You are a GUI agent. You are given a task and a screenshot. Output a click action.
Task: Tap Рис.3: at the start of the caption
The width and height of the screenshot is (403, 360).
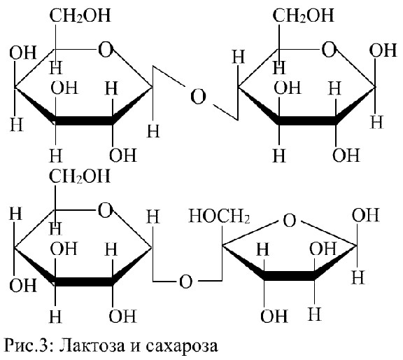point(29,345)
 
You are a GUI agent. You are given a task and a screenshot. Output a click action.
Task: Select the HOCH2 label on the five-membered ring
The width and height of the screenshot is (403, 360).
point(219,216)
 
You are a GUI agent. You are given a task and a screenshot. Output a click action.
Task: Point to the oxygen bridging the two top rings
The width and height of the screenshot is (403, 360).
point(198,97)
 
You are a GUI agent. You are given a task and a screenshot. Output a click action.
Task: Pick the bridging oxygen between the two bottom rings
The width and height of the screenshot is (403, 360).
point(185,282)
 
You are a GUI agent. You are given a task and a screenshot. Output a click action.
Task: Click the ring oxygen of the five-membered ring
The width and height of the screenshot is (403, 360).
point(290,221)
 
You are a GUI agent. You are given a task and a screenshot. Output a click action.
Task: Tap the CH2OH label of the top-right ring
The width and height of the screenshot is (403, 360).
point(303,15)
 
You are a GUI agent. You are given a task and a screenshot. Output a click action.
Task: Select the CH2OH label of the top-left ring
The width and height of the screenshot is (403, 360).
point(80,15)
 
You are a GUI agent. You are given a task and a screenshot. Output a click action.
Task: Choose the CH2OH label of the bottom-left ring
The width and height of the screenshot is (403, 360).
point(80,176)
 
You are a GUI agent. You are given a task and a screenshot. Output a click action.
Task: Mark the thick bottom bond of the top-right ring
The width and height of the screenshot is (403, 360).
point(307,120)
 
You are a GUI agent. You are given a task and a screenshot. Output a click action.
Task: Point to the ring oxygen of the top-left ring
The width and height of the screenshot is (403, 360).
point(106,50)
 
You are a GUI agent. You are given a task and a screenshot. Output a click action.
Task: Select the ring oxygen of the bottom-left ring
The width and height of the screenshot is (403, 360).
point(106,211)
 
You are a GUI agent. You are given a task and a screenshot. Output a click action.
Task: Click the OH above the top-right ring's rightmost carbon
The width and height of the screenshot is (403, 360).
point(383,50)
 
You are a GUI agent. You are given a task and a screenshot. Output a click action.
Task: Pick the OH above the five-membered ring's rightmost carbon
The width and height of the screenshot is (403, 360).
point(365,214)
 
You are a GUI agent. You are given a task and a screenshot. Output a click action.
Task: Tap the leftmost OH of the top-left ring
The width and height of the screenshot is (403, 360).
point(22,53)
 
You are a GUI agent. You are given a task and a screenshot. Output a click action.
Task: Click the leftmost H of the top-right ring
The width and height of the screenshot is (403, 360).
point(239,57)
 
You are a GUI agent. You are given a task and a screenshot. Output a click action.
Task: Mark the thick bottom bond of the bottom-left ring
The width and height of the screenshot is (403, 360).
point(84,282)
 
